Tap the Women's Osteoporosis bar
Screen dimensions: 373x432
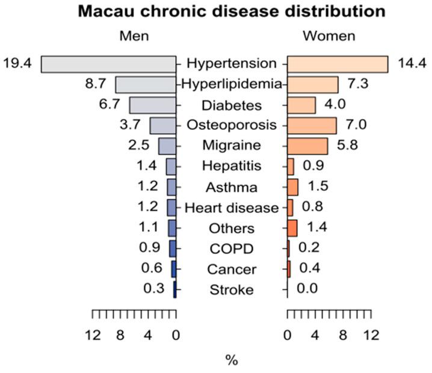point(312,126)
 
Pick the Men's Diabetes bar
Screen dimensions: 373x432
point(152,105)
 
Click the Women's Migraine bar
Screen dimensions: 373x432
point(307,146)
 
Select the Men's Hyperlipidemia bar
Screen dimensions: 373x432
point(146,85)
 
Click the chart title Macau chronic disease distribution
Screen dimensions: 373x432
point(215,11)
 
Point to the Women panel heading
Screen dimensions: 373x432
point(329,37)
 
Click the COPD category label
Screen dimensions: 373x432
point(232,249)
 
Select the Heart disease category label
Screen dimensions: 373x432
point(232,208)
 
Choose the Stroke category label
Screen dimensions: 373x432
point(232,291)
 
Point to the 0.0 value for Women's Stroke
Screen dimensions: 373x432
point(307,289)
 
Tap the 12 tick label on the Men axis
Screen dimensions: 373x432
point(92,335)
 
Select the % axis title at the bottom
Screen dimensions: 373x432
point(232,360)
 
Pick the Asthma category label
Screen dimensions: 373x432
point(232,188)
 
